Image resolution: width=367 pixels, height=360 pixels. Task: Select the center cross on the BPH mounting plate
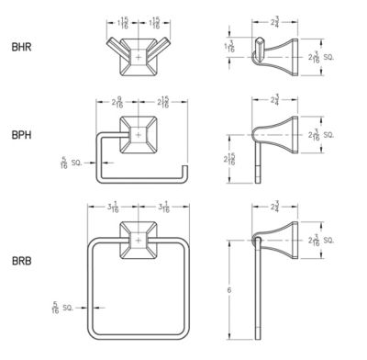tap(139, 136)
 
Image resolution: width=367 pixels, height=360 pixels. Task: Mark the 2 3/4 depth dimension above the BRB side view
tap(277, 209)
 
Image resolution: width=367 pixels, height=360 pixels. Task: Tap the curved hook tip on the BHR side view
tap(252, 58)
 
